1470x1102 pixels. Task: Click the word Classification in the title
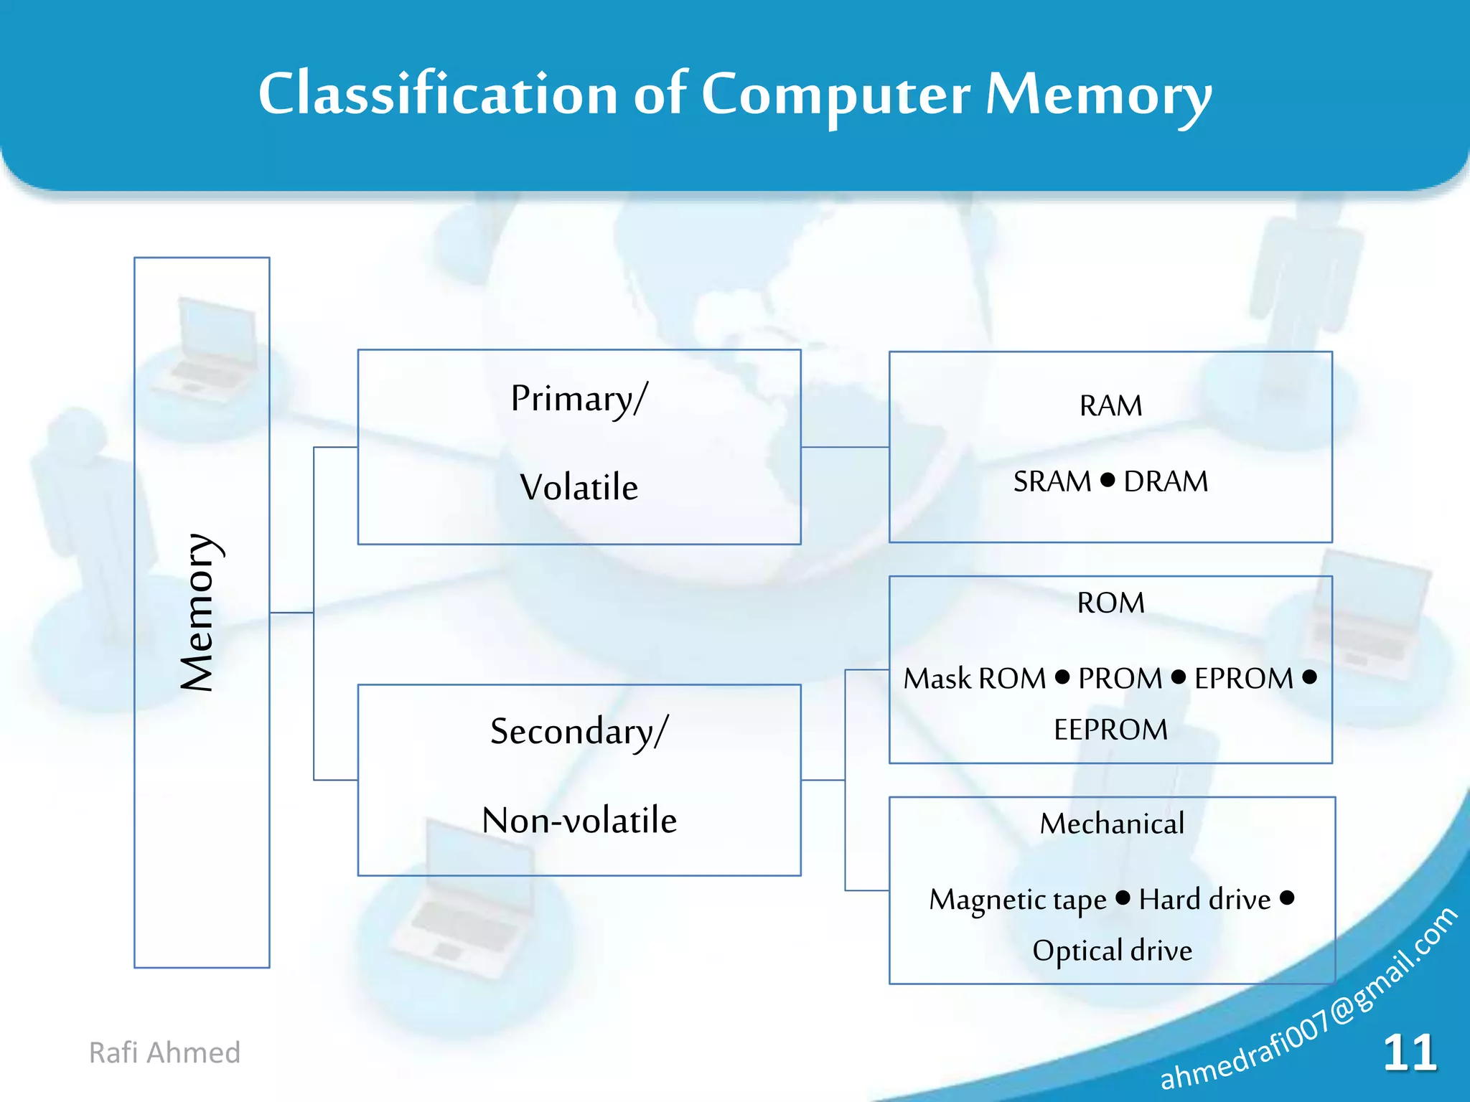click(438, 95)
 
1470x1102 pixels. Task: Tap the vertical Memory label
click(197, 612)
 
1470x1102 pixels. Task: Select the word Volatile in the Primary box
click(579, 488)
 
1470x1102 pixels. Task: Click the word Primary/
click(579, 399)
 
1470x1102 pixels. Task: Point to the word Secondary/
click(579, 732)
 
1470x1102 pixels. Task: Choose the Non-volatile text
click(579, 820)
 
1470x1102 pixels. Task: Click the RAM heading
click(1110, 406)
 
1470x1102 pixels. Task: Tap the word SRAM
click(1052, 481)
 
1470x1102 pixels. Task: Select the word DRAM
click(1166, 481)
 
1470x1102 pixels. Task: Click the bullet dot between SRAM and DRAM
click(1108, 479)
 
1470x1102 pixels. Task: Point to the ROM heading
click(1110, 603)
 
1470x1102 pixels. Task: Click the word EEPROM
click(1110, 730)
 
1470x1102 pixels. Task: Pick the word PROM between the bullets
click(1120, 679)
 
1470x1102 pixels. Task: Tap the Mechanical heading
click(1112, 824)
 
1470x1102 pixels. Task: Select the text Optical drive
click(1112, 951)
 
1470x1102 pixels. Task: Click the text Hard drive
click(1204, 900)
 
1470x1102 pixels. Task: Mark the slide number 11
click(1409, 1053)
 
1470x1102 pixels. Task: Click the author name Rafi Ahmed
click(164, 1052)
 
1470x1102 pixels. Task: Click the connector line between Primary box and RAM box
click(845, 447)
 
